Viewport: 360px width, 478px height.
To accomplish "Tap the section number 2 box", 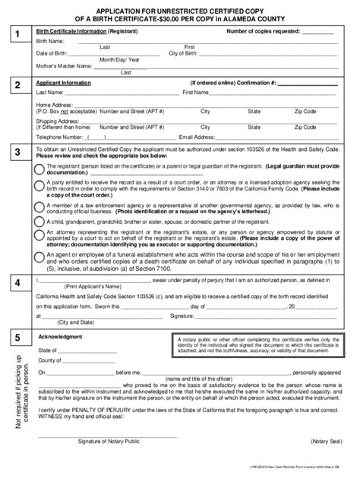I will [x=17, y=86].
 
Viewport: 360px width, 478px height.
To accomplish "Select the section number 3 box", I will [x=17, y=154].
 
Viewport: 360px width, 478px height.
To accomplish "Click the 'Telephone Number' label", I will [x=62, y=137].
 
